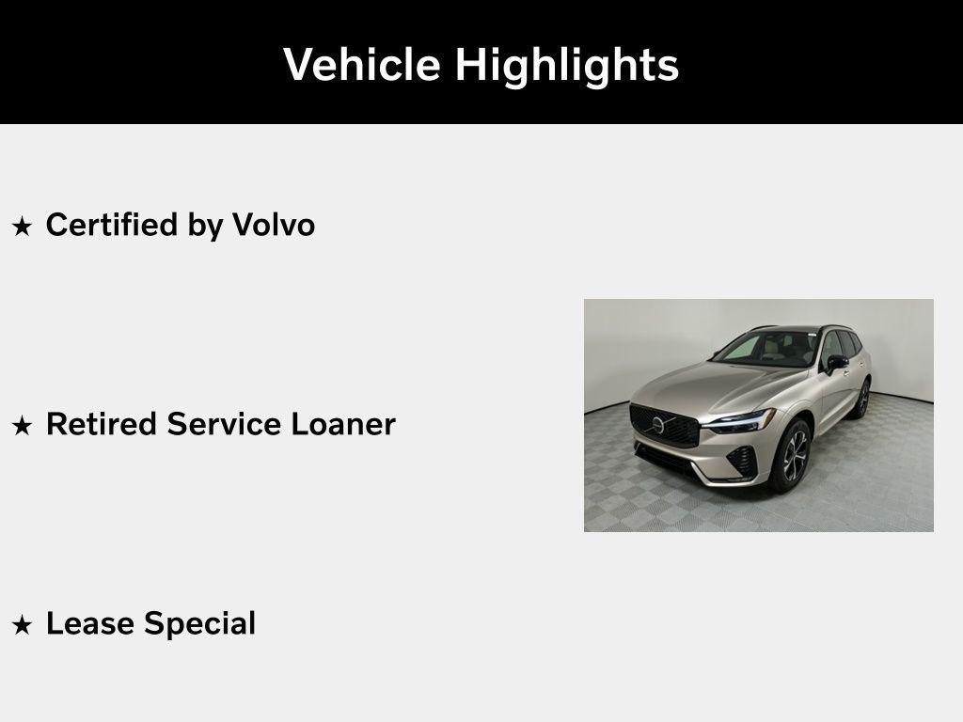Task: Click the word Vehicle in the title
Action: click(x=362, y=65)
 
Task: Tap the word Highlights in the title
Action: click(x=566, y=66)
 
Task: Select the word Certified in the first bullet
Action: click(x=111, y=226)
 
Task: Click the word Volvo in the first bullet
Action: click(x=274, y=226)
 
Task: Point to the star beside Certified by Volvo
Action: click(x=22, y=227)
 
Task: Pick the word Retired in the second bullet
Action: click(x=102, y=425)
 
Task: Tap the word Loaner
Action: click(x=343, y=425)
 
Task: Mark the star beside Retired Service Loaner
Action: click(x=22, y=426)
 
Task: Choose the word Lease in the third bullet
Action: click(x=87, y=624)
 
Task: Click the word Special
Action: click(x=197, y=624)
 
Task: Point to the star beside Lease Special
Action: click(x=22, y=625)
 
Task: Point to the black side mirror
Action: click(x=836, y=362)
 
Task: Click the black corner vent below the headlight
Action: click(x=740, y=460)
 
